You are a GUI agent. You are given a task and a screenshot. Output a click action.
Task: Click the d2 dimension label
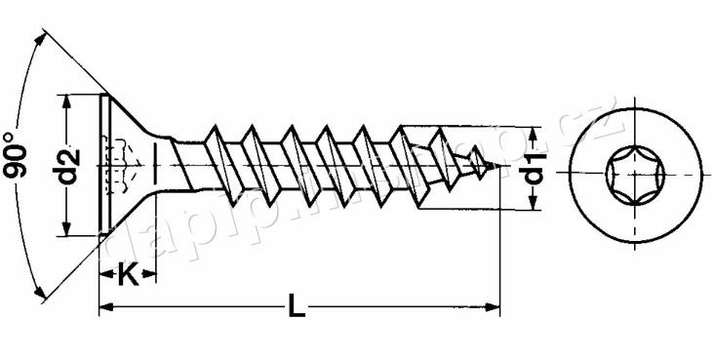point(67,165)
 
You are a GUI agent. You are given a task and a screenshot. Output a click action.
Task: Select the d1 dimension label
point(535,168)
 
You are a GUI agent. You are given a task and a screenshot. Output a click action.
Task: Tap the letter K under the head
point(127,275)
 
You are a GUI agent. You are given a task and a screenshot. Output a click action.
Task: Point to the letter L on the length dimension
point(297,308)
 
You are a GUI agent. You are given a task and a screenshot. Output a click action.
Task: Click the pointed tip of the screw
point(499,167)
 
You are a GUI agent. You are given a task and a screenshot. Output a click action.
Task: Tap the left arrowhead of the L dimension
point(105,308)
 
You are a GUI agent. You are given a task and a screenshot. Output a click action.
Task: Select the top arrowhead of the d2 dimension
point(67,100)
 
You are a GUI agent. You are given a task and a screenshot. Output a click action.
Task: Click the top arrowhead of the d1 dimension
point(534,132)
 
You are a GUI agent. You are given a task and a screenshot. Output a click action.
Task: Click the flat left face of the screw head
point(100,165)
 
